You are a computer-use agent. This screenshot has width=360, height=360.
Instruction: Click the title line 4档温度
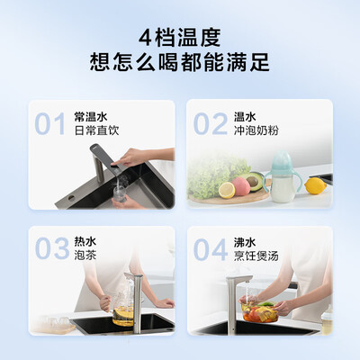(x=180, y=38)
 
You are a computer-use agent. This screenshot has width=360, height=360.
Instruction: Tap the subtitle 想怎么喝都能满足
(x=180, y=64)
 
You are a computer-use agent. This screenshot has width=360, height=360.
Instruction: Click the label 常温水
(x=91, y=116)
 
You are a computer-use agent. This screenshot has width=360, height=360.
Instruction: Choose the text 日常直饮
(x=96, y=130)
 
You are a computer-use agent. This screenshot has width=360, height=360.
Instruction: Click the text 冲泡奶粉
(x=256, y=130)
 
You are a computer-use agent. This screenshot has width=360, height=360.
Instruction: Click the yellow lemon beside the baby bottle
(x=315, y=185)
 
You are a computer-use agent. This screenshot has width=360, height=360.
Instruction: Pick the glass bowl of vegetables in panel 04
(x=258, y=314)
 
